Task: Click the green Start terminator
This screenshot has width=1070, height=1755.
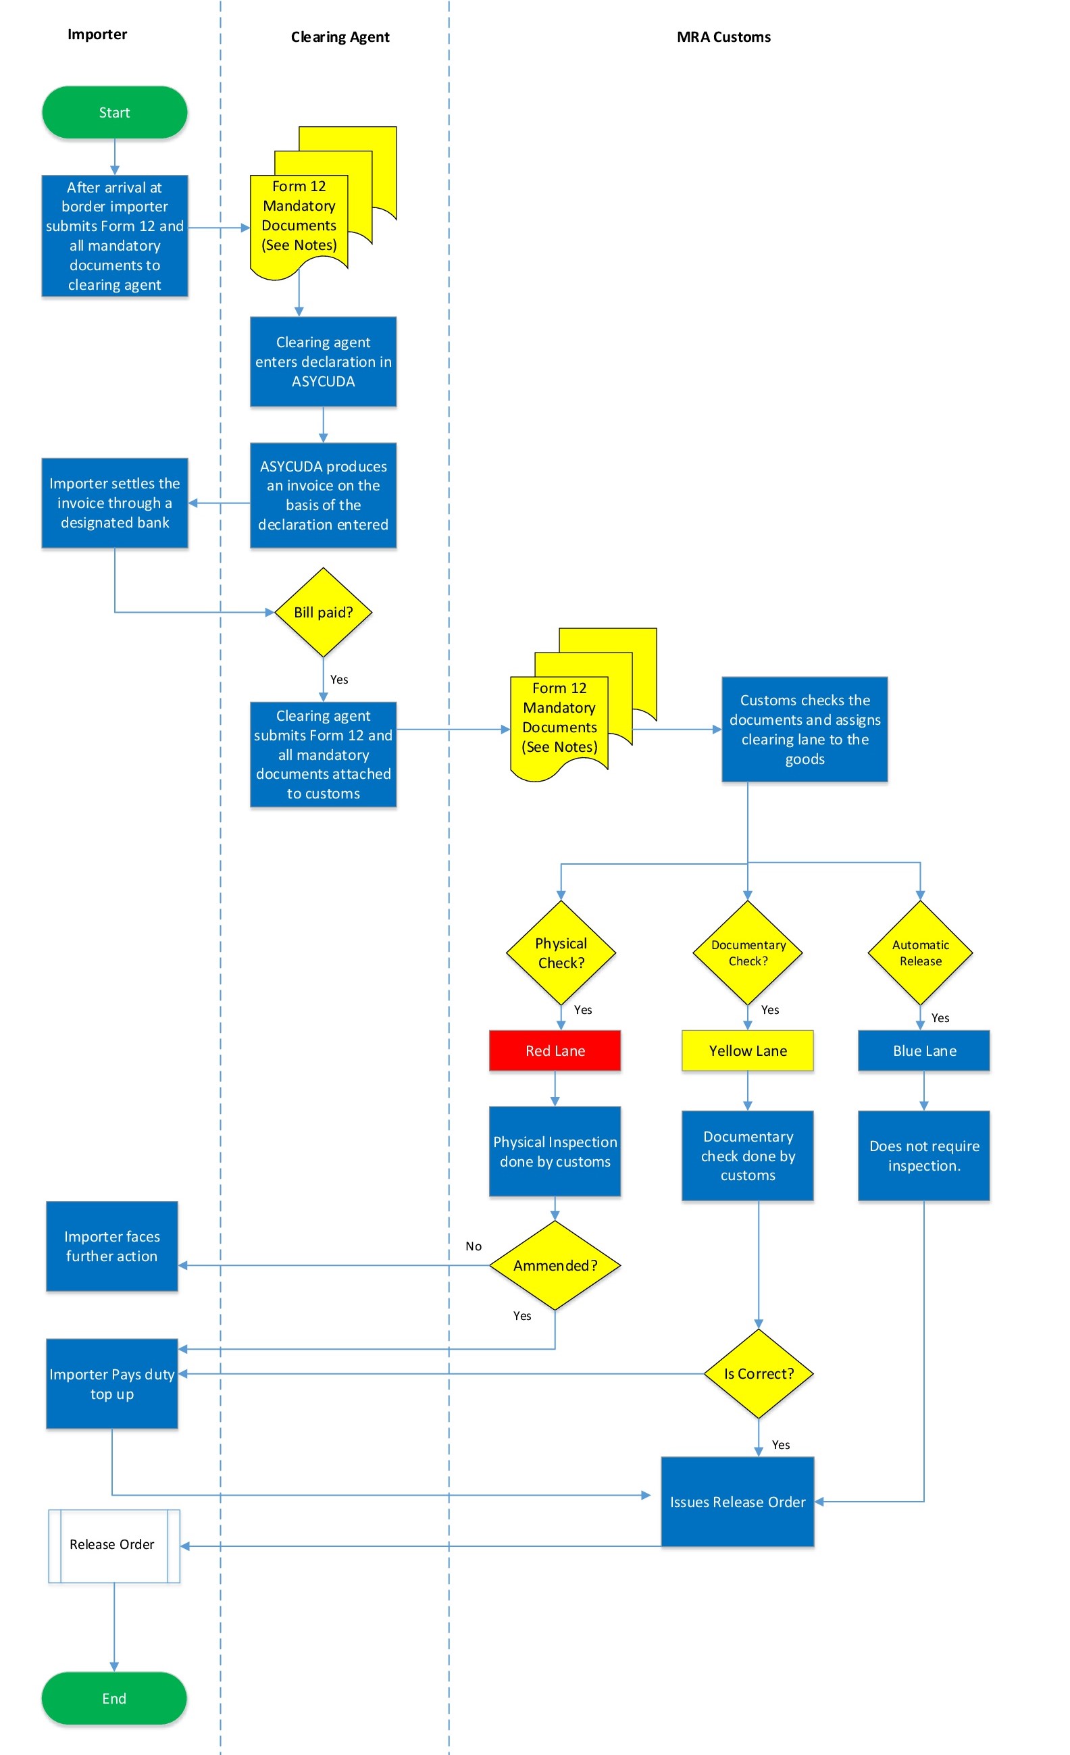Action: point(114,113)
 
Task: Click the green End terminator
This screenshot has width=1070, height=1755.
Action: point(114,1698)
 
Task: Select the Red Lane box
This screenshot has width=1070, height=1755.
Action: point(555,1050)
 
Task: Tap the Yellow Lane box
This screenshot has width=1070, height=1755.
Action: point(747,1050)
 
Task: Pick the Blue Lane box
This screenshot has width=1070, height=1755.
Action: point(924,1050)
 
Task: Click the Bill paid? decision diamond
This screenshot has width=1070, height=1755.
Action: point(324,613)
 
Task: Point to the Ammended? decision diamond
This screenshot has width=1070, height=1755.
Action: point(555,1266)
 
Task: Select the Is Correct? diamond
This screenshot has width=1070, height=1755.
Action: point(759,1374)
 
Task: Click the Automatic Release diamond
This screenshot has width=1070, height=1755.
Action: point(921,953)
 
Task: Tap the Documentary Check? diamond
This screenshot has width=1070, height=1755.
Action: point(748,953)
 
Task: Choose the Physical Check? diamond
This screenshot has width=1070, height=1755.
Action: point(561,953)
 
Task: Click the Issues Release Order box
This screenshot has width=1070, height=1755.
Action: point(738,1502)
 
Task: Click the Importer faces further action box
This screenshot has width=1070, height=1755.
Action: point(112,1246)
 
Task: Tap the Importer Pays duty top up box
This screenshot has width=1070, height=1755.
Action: point(112,1384)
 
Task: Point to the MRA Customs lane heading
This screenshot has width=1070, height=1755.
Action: point(723,37)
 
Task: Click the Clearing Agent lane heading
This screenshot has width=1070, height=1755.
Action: point(340,37)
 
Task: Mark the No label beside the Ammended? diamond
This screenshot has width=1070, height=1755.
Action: point(474,1246)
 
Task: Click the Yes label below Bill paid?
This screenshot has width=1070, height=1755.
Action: point(339,680)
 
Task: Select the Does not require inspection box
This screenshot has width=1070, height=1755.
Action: point(924,1156)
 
